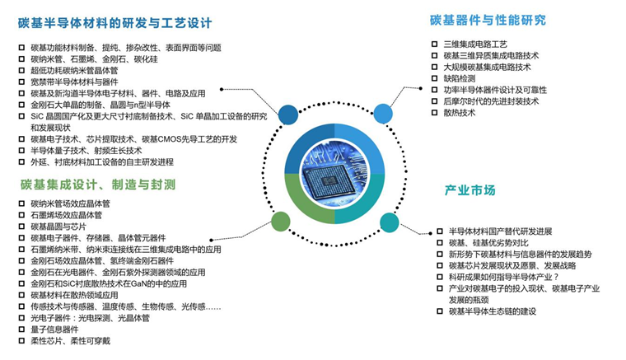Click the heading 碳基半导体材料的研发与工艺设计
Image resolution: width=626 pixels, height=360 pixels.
click(116, 22)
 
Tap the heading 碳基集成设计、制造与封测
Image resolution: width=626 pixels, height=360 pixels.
click(98, 185)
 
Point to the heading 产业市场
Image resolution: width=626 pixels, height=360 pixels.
click(469, 190)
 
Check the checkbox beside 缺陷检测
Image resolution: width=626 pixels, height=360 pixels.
click(435, 78)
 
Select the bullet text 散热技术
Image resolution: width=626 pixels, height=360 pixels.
click(460, 113)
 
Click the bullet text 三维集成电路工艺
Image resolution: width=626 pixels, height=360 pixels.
click(475, 44)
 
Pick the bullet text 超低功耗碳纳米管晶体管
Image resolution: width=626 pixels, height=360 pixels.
click(74, 71)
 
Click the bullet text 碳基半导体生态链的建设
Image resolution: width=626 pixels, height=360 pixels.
click(493, 311)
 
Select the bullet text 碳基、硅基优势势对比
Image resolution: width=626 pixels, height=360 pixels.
click(488, 243)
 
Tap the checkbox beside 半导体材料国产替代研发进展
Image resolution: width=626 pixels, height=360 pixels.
click(439, 231)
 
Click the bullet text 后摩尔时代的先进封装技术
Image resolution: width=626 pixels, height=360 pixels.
click(491, 101)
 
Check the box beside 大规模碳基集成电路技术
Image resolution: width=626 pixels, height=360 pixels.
click(435, 67)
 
